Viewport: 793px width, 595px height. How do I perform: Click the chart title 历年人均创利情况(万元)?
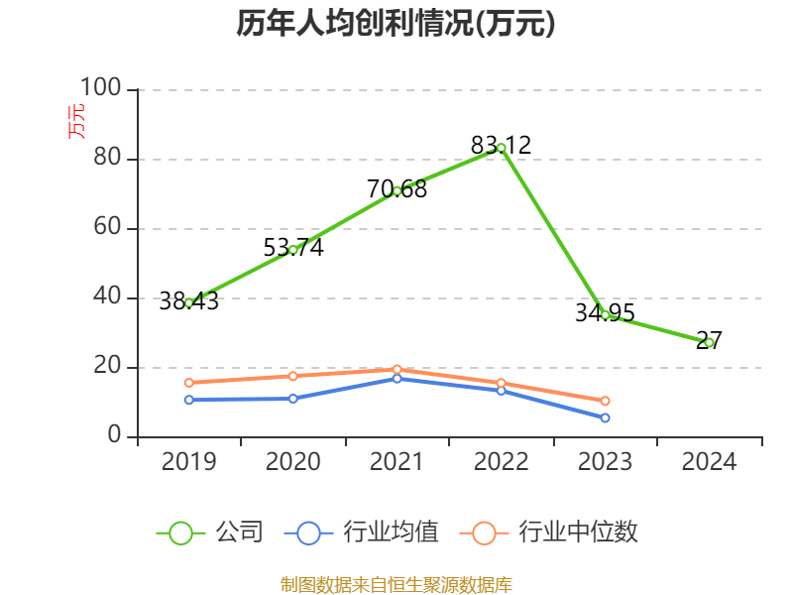pyautogui.click(x=396, y=24)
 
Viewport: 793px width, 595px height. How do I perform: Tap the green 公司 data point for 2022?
pyautogui.click(x=501, y=148)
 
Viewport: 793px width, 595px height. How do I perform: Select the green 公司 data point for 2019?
pyautogui.click(x=189, y=302)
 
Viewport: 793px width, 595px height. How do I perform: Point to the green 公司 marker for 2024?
pyautogui.click(x=709, y=342)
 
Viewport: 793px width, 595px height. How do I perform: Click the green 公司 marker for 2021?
pyautogui.click(x=396, y=190)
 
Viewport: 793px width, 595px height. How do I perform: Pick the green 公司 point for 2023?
pyautogui.click(x=605, y=314)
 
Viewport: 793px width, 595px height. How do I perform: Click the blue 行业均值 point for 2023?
pyautogui.click(x=605, y=417)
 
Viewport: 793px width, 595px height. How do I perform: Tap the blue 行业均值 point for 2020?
pyautogui.click(x=293, y=399)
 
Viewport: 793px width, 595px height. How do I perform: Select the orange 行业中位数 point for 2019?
pyautogui.click(x=189, y=383)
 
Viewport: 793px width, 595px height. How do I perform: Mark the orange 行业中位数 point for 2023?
pyautogui.click(x=605, y=401)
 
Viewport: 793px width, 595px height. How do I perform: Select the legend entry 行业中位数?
pyautogui.click(x=549, y=533)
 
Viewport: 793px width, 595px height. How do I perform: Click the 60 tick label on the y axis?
pyautogui.click(x=107, y=228)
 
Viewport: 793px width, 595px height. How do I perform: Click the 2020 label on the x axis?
pyautogui.click(x=293, y=462)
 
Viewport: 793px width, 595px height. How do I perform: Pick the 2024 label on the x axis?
pyautogui.click(x=709, y=462)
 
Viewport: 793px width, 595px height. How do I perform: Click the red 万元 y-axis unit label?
pyautogui.click(x=75, y=121)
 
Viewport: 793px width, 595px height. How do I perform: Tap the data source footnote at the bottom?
pyautogui.click(x=396, y=584)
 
